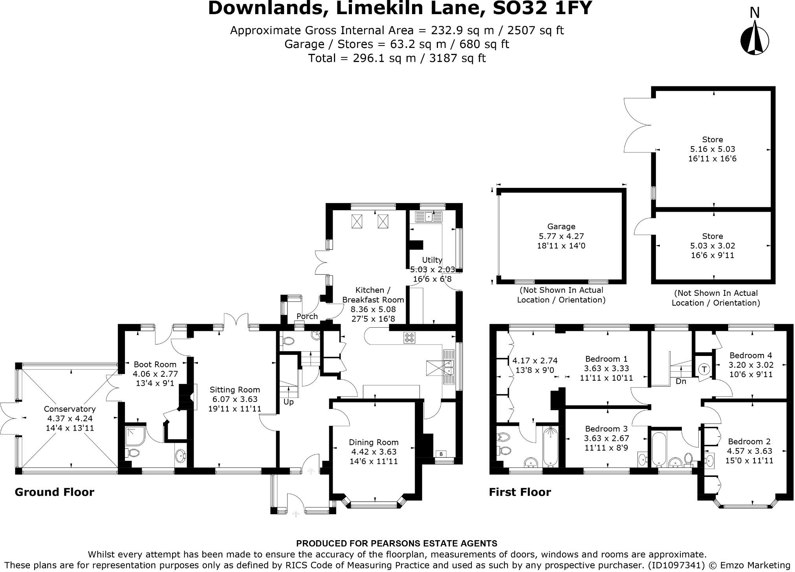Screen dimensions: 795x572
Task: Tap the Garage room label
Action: point(561,227)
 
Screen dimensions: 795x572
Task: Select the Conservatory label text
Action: point(70,409)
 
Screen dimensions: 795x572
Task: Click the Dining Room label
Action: point(374,442)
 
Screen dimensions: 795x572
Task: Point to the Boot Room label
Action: point(155,365)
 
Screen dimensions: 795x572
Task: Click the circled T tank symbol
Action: point(704,370)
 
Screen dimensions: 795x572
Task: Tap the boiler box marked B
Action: point(441,454)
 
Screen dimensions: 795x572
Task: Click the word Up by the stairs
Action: point(289,402)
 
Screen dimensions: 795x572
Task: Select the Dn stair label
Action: point(681,381)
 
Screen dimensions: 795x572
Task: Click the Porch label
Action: point(307,316)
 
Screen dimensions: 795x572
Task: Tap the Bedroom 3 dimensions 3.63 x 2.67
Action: point(606,438)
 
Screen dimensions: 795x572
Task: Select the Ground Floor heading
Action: point(54,492)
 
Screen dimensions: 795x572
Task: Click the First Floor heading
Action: point(520,492)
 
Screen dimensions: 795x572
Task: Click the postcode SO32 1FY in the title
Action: point(542,9)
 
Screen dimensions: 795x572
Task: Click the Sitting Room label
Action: point(234,390)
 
